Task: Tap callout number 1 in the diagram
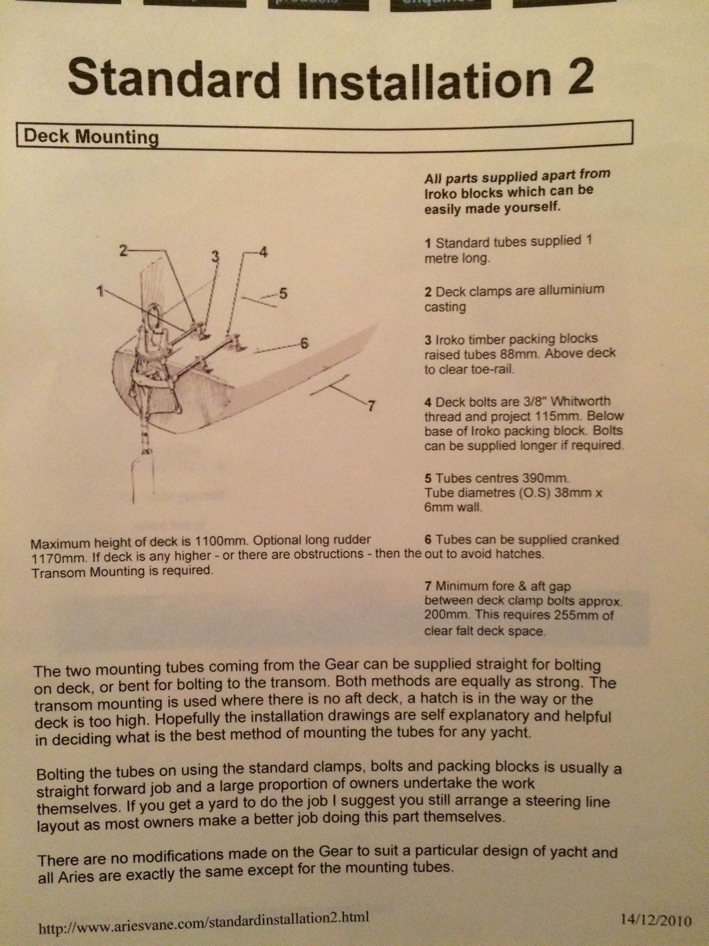[101, 290]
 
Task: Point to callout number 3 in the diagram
[216, 256]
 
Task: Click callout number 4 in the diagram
[263, 251]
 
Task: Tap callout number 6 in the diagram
[304, 343]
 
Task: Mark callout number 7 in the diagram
[371, 406]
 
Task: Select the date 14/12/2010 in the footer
[655, 920]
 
